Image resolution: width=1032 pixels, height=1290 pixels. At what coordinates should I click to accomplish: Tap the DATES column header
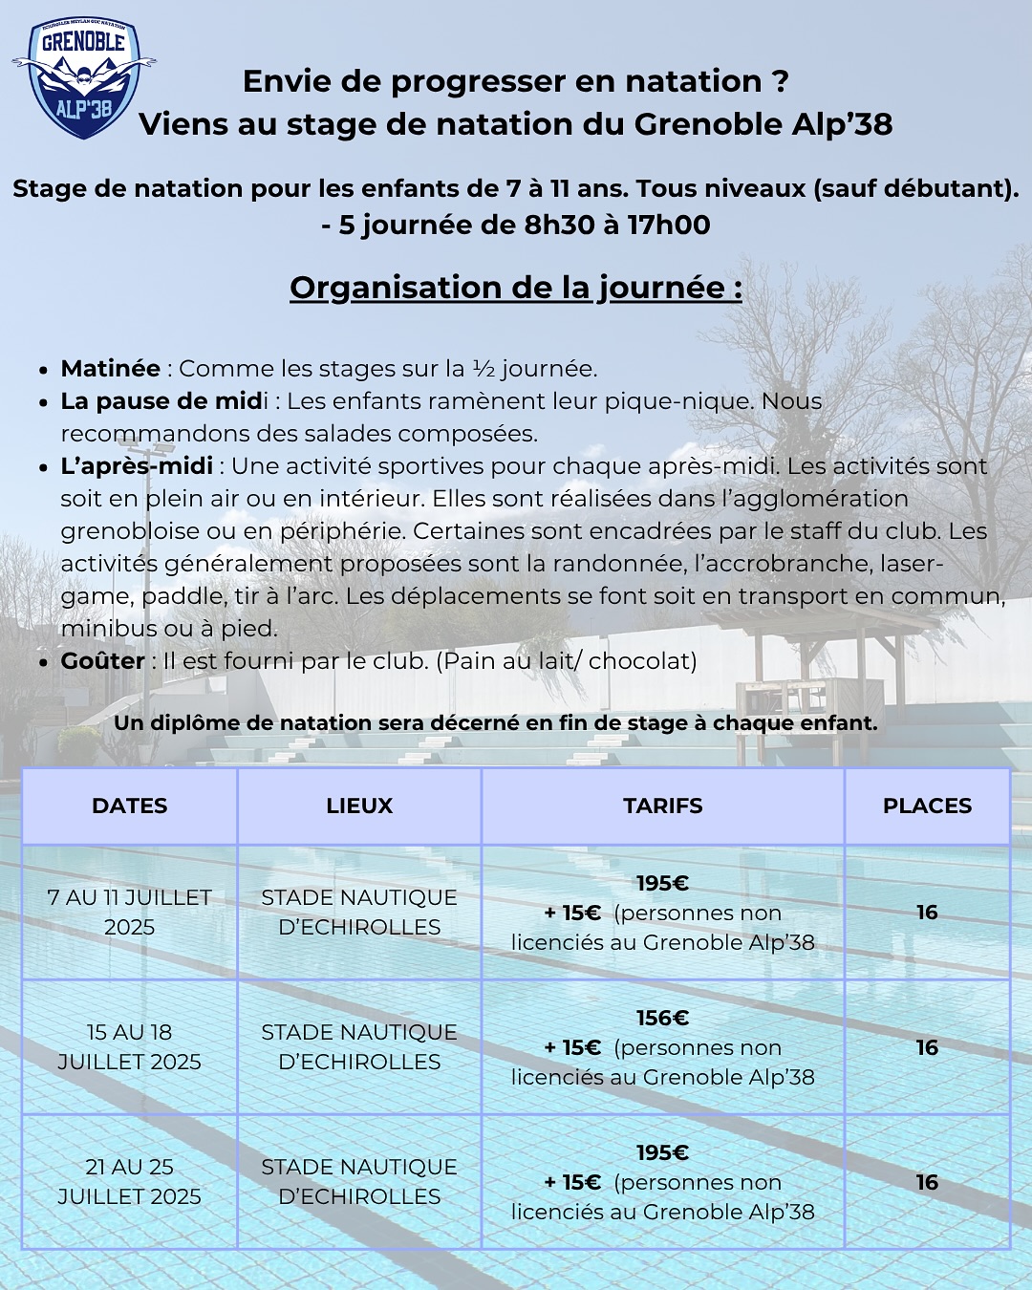tap(129, 806)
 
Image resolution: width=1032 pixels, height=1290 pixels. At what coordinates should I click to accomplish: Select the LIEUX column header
tap(359, 806)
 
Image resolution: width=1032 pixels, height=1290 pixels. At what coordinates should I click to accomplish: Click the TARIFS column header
tap(662, 806)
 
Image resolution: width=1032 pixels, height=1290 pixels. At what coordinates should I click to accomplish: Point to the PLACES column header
tap(927, 806)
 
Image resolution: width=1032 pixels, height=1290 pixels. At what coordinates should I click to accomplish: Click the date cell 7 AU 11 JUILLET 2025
tap(129, 912)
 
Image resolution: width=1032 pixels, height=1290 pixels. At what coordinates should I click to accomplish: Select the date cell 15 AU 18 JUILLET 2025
tap(129, 1046)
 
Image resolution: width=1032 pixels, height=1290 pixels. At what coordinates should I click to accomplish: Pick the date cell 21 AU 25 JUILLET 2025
tap(129, 1181)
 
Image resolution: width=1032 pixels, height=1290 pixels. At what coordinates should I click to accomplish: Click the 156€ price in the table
tap(662, 1018)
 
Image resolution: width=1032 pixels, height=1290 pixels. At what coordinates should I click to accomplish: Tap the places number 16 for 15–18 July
tap(927, 1047)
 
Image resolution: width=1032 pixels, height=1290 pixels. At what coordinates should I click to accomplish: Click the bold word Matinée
tap(110, 369)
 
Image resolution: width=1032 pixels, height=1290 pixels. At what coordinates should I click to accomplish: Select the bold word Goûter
tap(102, 661)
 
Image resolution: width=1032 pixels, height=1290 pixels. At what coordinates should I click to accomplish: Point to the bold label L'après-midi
tap(137, 466)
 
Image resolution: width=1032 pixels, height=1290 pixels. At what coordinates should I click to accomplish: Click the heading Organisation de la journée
tap(516, 288)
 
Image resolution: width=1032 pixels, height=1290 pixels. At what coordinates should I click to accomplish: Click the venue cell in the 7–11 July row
tap(359, 912)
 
